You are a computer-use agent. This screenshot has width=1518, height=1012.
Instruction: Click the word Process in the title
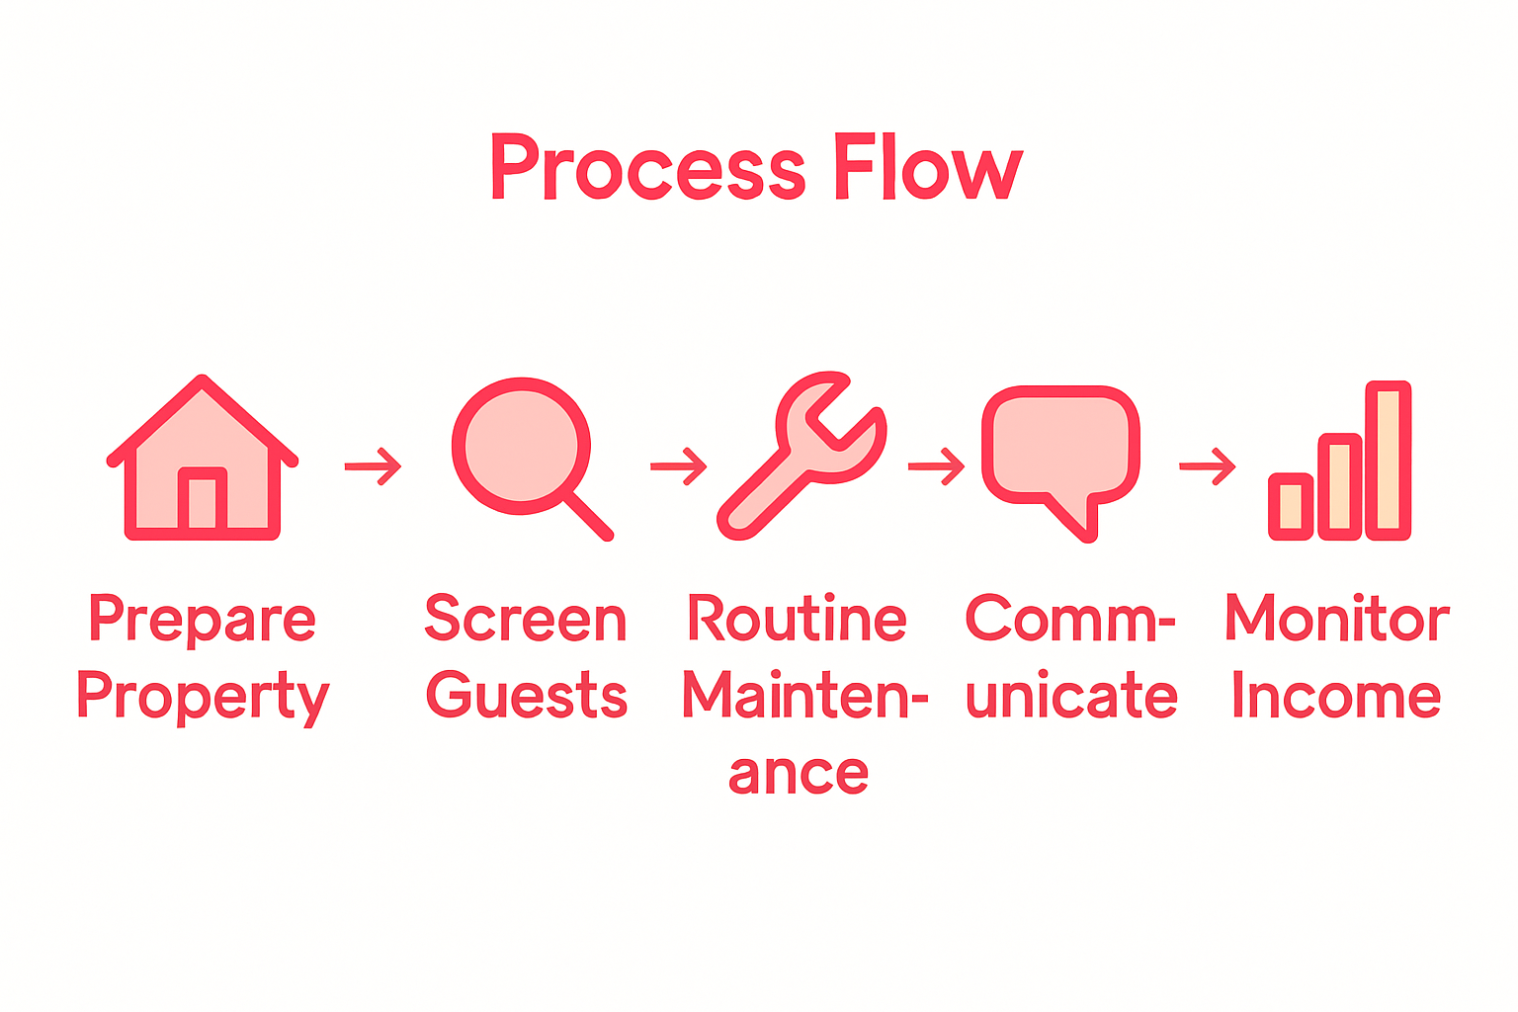pyautogui.click(x=647, y=168)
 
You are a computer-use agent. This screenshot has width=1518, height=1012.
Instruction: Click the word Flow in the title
pyautogui.click(x=926, y=168)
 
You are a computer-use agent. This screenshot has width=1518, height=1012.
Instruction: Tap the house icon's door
pyautogui.click(x=203, y=502)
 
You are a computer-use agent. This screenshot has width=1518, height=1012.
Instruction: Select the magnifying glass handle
pyautogui.click(x=589, y=516)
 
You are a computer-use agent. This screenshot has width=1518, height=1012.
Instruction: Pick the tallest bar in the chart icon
pyautogui.click(x=1388, y=461)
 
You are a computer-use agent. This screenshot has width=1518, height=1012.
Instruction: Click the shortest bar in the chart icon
pyautogui.click(x=1291, y=507)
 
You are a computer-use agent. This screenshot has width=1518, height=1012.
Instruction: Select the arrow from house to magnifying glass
pyautogui.click(x=373, y=466)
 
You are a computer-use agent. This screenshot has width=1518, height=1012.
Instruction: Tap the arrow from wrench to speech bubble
pyautogui.click(x=936, y=466)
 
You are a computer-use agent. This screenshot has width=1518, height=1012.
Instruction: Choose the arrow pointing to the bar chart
pyautogui.click(x=1208, y=466)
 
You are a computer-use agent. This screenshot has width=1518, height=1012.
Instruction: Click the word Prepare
pyautogui.click(x=203, y=621)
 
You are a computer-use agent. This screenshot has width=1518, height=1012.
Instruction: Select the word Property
pyautogui.click(x=203, y=698)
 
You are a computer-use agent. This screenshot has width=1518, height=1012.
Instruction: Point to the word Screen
pyautogui.click(x=526, y=621)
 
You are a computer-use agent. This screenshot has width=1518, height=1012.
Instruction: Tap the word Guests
pyautogui.click(x=527, y=696)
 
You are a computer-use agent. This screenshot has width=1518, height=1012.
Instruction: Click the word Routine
pyautogui.click(x=797, y=621)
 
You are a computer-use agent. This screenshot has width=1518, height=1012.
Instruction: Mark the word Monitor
pyautogui.click(x=1337, y=619)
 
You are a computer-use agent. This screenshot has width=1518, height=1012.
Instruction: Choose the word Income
pyautogui.click(x=1336, y=696)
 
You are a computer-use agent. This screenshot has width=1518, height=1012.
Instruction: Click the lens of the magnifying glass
pyautogui.click(x=520, y=446)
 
